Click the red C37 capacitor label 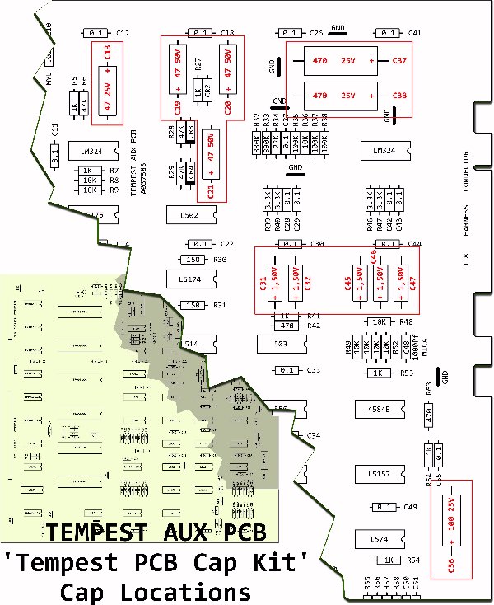[399, 61]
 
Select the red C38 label [399, 96]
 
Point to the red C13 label [107, 54]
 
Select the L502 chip [189, 215]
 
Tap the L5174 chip [189, 279]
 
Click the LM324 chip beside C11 [86, 152]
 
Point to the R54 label [413, 560]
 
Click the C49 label [411, 507]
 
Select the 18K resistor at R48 [380, 321]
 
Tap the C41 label [414, 33]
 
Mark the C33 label [314, 370]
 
